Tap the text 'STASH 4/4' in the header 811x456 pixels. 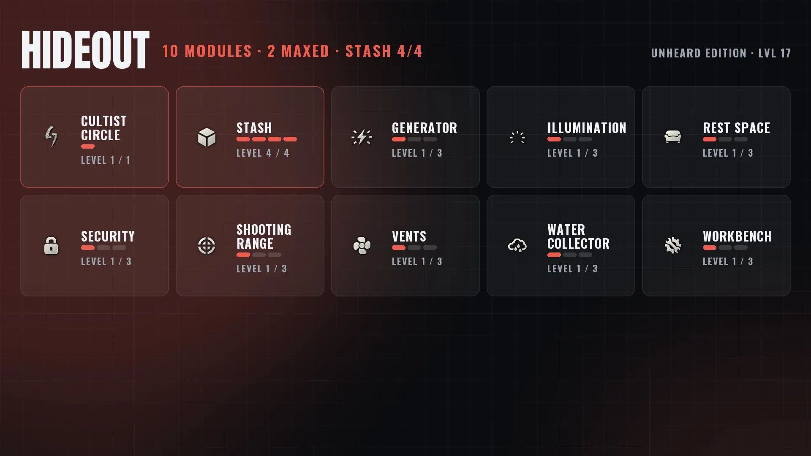384,52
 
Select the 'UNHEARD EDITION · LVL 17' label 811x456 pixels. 721,53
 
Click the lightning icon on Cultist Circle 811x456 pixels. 52,137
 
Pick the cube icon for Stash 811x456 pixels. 207,137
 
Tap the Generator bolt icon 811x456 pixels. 362,137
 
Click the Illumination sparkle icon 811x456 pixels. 517,137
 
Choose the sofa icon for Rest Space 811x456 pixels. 673,137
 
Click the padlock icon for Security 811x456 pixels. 51,245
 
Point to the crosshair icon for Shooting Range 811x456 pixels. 207,245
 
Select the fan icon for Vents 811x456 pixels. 362,245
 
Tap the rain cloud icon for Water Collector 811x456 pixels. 517,245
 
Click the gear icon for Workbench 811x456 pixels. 673,245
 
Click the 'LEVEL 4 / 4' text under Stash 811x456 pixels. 263,153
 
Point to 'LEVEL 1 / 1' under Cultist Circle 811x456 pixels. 106,160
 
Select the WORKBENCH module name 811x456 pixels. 737,236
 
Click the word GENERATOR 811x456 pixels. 425,128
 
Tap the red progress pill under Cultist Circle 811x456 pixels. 88,147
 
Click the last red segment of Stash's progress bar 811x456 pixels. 290,139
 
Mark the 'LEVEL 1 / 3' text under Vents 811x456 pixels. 417,262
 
